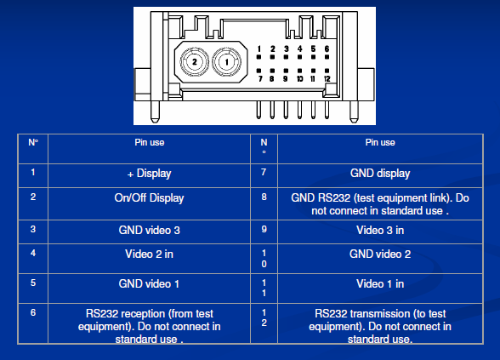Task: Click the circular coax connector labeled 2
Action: pos(194,61)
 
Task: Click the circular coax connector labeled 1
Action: pos(227,61)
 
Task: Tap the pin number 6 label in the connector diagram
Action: pos(327,49)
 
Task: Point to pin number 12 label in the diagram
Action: pos(327,78)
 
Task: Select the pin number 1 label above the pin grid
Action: pos(259,49)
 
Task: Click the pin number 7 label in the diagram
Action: pos(260,78)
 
